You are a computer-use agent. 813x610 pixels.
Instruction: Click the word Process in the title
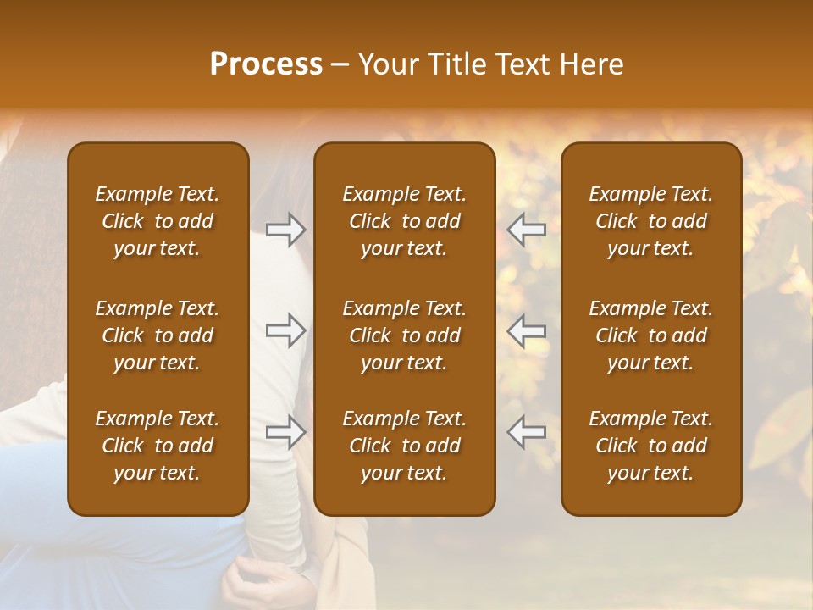[266, 64]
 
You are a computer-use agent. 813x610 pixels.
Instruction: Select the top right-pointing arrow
[285, 230]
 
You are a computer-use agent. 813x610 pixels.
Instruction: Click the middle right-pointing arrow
[285, 330]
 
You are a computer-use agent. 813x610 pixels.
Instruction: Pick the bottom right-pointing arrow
[285, 432]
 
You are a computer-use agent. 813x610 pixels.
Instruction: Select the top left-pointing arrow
[527, 230]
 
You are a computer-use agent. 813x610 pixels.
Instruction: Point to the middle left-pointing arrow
[527, 330]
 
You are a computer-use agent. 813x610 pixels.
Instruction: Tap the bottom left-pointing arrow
[527, 432]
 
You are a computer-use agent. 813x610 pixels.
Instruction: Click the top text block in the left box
[158, 221]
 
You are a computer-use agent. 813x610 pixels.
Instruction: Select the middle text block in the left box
[158, 335]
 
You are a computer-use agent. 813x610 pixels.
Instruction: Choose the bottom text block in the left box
[158, 446]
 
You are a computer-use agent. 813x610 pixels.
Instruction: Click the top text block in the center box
[405, 221]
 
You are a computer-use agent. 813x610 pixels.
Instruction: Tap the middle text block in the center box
[405, 335]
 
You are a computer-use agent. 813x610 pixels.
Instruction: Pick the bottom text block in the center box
[405, 446]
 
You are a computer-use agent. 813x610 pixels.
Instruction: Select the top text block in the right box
[651, 221]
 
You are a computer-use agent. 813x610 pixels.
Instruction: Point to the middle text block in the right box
[651, 335]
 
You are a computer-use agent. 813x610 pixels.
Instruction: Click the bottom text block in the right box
[651, 446]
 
